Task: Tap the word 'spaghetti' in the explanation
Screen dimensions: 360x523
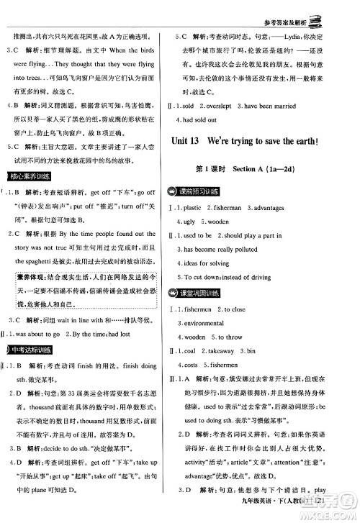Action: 54,263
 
